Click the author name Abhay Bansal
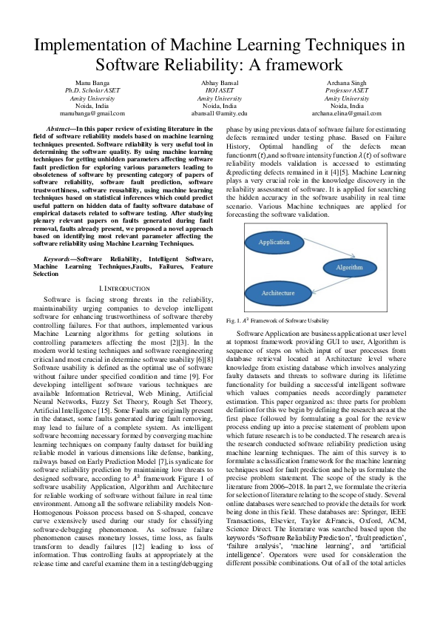click(220, 82)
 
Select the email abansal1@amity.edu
click(220, 113)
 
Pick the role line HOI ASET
click(220, 90)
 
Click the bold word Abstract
click(50, 129)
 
